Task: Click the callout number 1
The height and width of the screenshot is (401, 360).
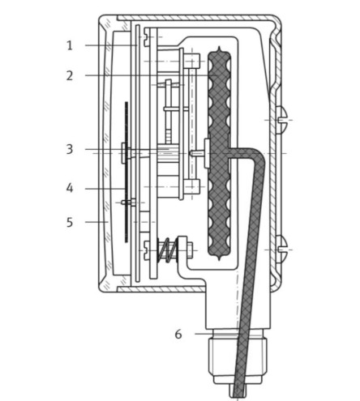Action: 70,45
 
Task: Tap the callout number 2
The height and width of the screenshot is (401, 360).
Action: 70,75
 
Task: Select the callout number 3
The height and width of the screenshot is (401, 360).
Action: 70,148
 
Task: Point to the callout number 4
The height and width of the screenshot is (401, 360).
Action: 70,188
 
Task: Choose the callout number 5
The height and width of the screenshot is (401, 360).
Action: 70,220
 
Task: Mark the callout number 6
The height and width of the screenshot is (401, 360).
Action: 177,331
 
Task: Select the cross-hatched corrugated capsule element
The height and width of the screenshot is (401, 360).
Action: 219,154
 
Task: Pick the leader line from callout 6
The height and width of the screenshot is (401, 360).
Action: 203,331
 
